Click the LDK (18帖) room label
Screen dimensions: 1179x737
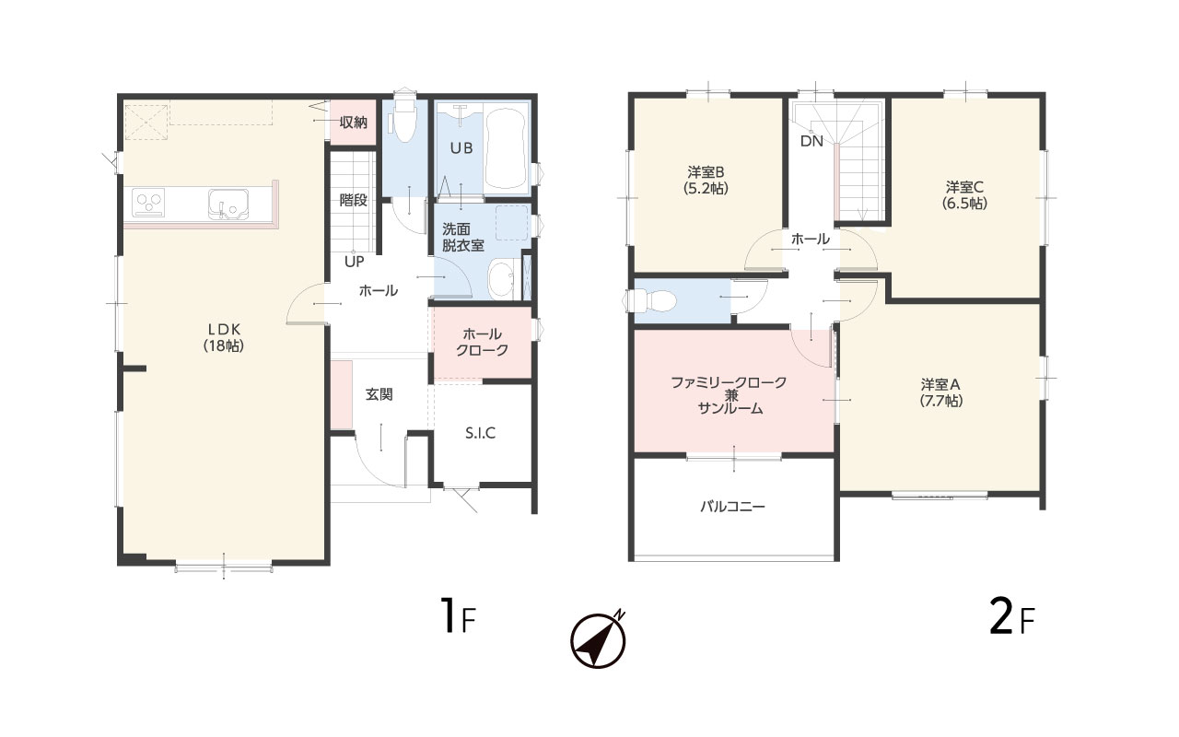click(x=224, y=337)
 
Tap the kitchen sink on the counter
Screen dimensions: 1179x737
click(x=228, y=205)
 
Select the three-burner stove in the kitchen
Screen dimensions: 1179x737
click(x=148, y=202)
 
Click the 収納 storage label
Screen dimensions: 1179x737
click(x=353, y=123)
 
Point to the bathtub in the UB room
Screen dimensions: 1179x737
click(x=505, y=148)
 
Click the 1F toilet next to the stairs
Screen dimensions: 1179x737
click(x=403, y=120)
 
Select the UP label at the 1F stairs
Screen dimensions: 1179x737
click(x=355, y=262)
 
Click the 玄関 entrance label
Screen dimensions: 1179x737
click(x=379, y=394)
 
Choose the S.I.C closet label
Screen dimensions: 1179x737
click(x=480, y=433)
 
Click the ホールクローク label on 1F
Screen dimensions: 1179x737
click(x=482, y=342)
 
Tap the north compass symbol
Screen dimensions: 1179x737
click(x=599, y=639)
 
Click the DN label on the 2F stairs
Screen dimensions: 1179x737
click(x=811, y=141)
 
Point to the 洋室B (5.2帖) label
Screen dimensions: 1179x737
click(x=706, y=181)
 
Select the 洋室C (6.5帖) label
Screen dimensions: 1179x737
click(x=964, y=195)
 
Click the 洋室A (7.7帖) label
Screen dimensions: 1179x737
click(x=941, y=392)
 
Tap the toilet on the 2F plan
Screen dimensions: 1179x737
click(x=649, y=301)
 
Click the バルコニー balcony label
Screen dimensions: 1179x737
click(x=732, y=507)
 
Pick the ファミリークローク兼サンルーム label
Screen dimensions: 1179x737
click(x=729, y=395)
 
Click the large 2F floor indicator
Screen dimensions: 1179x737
click(x=1011, y=617)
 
